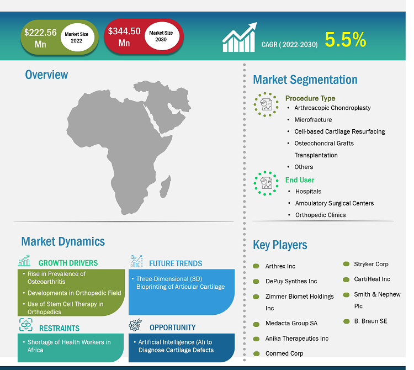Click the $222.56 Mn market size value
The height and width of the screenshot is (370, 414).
click(40, 38)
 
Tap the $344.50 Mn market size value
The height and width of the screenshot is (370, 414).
click(124, 36)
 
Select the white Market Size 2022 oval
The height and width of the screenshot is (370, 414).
click(77, 37)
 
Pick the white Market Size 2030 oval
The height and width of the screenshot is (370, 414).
click(162, 36)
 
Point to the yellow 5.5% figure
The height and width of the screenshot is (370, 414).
click(346, 40)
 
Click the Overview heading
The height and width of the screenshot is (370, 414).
click(46, 75)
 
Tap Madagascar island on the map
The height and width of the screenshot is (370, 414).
click(165, 186)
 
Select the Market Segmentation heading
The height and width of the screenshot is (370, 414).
click(305, 80)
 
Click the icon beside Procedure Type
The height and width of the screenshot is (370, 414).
click(266, 104)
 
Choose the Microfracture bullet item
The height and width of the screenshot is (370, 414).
click(313, 120)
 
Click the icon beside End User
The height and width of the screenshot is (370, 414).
click(266, 183)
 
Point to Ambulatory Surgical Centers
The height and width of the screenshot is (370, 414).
click(335, 203)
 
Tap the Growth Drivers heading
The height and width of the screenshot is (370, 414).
click(68, 263)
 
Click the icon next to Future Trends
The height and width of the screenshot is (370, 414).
click(137, 261)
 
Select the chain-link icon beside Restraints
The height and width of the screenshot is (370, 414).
click(26, 325)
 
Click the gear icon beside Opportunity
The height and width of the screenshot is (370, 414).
click(135, 325)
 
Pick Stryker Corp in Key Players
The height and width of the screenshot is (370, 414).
click(371, 264)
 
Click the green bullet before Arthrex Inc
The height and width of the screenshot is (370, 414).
click(256, 266)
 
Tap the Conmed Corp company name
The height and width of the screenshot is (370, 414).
click(284, 353)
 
